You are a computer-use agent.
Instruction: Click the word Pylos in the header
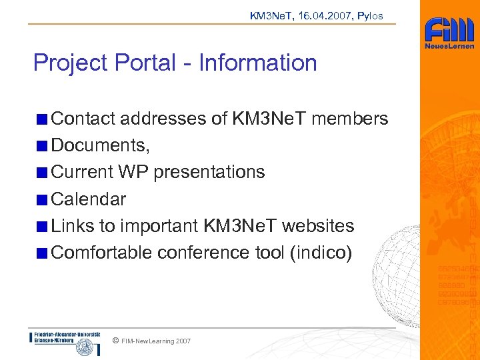[x=371, y=15]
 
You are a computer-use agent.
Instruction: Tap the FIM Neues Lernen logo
[x=449, y=34]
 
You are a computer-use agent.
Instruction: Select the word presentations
[x=209, y=172]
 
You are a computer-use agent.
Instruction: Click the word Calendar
[x=89, y=199]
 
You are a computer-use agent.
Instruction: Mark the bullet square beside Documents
[x=42, y=146]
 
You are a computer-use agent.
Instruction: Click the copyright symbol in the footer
[x=116, y=341]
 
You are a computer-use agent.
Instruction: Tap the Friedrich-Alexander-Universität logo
[x=65, y=341]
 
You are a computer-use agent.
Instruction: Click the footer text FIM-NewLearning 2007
[x=156, y=341]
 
